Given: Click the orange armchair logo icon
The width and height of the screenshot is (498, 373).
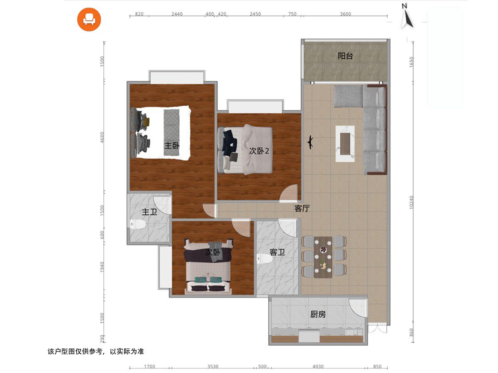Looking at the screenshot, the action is [x=89, y=19].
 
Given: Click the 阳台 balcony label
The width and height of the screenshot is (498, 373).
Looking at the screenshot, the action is [x=345, y=56].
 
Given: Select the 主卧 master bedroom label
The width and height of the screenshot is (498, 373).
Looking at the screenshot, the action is [x=172, y=145].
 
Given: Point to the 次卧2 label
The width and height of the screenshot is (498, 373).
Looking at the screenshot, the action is [x=259, y=151].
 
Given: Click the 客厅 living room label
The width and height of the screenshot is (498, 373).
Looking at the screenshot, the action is [x=302, y=208].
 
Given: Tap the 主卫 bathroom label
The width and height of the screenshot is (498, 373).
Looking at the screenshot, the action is [x=149, y=212].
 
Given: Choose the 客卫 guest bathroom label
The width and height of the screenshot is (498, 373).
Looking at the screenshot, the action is [x=277, y=252].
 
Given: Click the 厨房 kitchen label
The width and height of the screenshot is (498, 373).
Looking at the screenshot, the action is [x=318, y=314].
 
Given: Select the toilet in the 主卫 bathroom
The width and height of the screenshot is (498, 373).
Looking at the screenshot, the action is [x=137, y=224].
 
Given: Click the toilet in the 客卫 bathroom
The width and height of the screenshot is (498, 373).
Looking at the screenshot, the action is [x=263, y=259].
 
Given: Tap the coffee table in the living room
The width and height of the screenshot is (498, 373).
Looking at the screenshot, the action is [x=345, y=144].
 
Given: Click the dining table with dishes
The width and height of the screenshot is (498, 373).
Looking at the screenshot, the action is [x=323, y=257].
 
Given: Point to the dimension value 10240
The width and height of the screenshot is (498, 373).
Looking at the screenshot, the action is [x=412, y=202].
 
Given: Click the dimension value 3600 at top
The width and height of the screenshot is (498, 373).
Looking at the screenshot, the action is [x=345, y=14].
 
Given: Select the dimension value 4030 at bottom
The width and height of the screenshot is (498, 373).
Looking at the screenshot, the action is [x=318, y=366].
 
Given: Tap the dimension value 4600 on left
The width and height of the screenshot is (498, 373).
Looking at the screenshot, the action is [x=102, y=137].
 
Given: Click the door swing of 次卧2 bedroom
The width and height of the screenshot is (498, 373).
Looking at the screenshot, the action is [x=288, y=193].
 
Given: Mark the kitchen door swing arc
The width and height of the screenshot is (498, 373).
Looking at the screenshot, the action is [x=358, y=308].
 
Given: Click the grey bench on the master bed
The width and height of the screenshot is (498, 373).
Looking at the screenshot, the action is [x=171, y=133].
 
